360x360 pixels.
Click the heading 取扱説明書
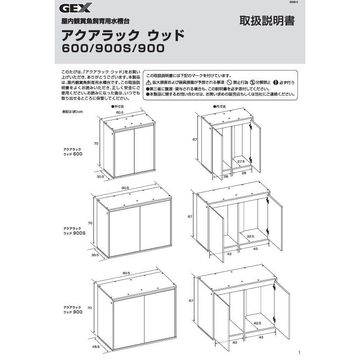267,21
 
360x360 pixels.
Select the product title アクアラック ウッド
122,34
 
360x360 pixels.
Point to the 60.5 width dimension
119,112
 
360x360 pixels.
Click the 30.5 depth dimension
100,176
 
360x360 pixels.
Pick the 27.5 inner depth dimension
241,162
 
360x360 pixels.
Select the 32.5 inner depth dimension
251,236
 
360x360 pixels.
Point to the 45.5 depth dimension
96,346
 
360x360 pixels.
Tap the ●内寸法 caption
219,107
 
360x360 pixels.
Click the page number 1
299,352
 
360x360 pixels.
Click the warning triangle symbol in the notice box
149,82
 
